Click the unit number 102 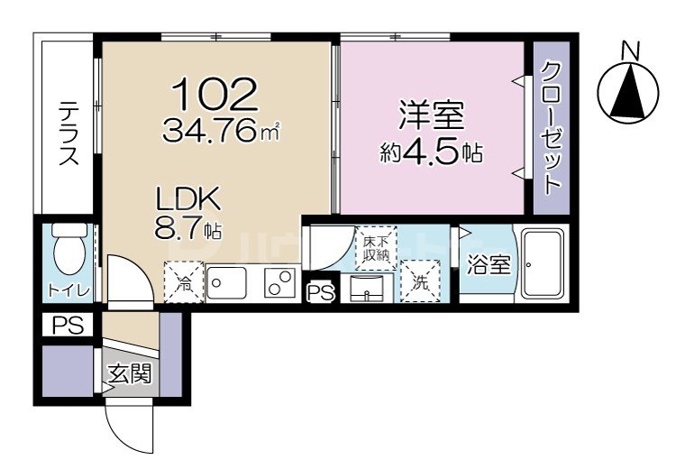[x=215, y=95]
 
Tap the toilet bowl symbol [x=69, y=250]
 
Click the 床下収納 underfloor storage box [x=376, y=246]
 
